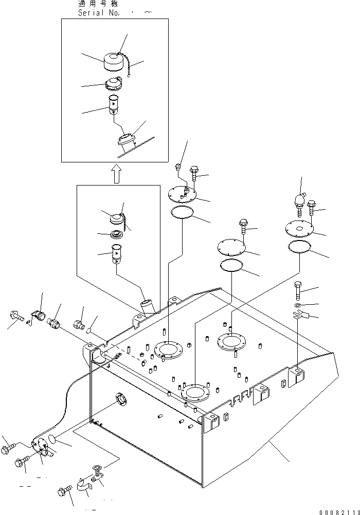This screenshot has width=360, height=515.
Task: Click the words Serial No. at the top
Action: (99, 13)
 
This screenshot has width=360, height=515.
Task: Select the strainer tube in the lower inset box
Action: (116, 254)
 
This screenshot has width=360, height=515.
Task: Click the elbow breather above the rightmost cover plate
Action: (300, 202)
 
